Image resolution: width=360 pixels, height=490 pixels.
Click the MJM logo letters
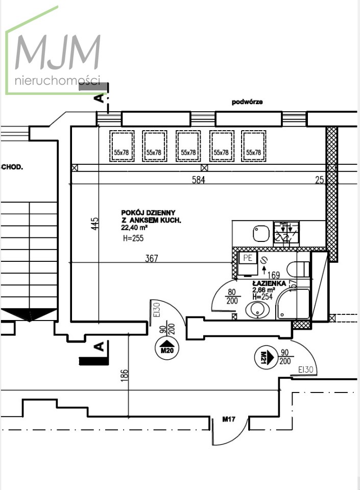pos(58,52)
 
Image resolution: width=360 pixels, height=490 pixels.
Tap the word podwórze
pos(247,102)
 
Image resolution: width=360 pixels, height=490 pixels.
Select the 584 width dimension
pos(199,180)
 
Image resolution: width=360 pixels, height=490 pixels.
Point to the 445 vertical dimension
pos(94,224)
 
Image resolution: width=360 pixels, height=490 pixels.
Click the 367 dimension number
pos(152,258)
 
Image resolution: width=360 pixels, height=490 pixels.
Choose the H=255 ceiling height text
pos(133,238)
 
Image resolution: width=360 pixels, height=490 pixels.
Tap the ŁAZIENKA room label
pos(270,283)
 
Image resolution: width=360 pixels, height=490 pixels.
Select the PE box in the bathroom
pos(248,258)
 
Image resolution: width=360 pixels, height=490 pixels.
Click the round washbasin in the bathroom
pos(257,309)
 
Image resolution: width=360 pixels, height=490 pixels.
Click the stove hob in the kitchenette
pos(286,233)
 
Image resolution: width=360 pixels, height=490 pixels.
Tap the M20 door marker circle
pos(167,347)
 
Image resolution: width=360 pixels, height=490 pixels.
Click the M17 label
pos(229,420)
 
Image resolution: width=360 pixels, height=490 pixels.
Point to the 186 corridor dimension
pos(125,375)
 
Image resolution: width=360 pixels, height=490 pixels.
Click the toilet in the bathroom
pos(298,269)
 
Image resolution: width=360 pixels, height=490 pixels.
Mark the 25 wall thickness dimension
pos(320,180)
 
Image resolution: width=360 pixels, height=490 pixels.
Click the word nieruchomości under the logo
pos(58,81)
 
